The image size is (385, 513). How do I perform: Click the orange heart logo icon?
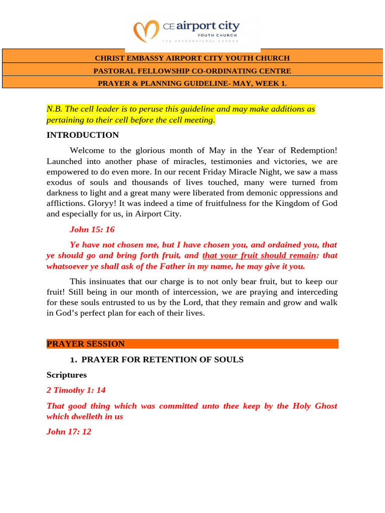(147, 31)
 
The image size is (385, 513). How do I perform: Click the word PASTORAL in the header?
(116, 71)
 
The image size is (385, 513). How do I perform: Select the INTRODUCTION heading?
(83, 135)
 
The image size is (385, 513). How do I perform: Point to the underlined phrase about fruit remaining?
(259, 255)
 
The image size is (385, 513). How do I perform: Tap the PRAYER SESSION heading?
(86, 344)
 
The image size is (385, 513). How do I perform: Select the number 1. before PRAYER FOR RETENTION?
(73, 359)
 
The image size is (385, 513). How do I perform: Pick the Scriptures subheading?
(67, 375)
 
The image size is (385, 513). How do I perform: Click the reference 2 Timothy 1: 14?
(76, 390)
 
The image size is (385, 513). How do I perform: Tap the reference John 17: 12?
(69, 431)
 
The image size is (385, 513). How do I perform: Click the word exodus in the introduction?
(60, 182)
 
